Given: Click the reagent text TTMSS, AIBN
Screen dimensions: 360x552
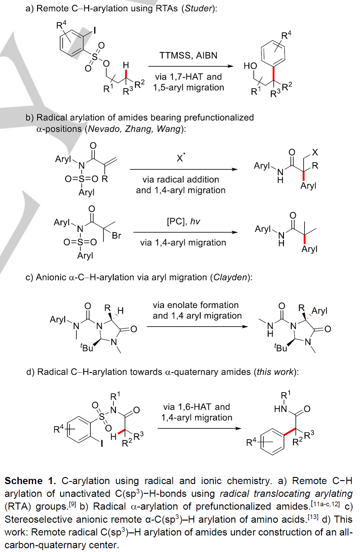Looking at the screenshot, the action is click(188, 55).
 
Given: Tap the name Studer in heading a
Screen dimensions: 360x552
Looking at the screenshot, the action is click(198, 8).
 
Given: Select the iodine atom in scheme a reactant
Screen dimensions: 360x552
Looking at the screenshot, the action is click(94, 30).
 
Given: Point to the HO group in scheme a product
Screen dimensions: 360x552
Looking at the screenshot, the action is click(250, 66).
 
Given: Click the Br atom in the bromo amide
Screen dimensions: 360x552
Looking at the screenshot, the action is click(116, 236).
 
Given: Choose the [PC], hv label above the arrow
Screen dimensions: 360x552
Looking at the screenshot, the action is click(183, 222).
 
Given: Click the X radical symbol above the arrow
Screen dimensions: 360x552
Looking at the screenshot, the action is click(180, 158).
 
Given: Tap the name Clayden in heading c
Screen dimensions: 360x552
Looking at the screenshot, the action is click(230, 277).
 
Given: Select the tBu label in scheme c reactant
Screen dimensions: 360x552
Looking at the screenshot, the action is click(87, 347).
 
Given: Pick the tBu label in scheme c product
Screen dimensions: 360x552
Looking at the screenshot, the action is click(281, 347).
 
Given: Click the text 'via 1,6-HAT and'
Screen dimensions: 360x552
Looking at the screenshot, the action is click(197, 407).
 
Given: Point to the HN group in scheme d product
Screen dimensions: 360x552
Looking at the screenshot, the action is click(280, 409).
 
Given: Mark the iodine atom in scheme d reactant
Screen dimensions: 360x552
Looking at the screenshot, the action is click(102, 443).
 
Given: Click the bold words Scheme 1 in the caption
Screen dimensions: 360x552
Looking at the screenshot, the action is click(30, 481).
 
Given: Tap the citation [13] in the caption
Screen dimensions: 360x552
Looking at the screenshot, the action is click(313, 517).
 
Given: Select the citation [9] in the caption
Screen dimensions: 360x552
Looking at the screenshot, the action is click(72, 504).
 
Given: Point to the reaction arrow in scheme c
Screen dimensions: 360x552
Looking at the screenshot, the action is click(197, 327).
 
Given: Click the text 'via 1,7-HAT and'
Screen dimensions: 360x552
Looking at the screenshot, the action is click(188, 77).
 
